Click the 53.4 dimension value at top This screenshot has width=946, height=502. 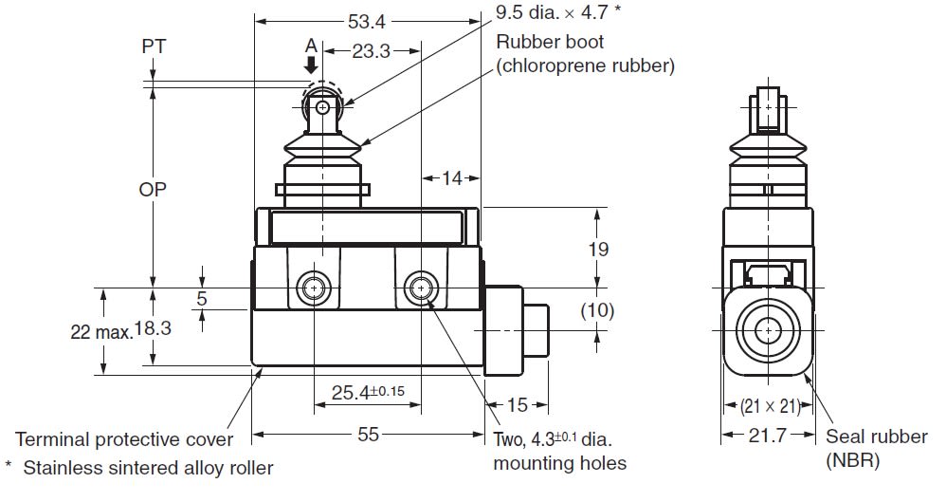coord(369,20)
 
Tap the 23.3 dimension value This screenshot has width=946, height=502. coord(371,51)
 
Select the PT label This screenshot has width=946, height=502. coord(153,46)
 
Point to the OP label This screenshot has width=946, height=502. coord(153,189)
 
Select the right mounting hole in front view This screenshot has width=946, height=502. coord(419,288)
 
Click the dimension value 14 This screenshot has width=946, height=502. coord(450,178)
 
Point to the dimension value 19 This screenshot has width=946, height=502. coord(597,249)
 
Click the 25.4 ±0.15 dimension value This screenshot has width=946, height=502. coord(368,391)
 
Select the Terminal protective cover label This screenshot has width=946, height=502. coord(123,439)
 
